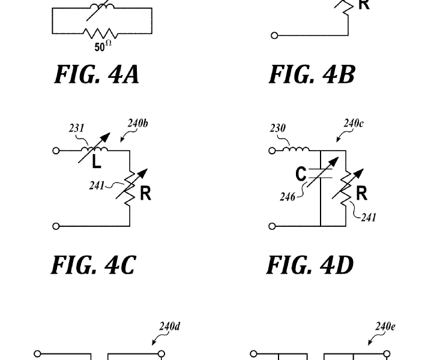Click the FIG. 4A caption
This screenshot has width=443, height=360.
(x=97, y=74)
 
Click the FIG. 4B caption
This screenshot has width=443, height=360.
(x=312, y=74)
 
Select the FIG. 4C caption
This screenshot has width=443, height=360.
(x=94, y=265)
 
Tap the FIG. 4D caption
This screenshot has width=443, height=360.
(x=310, y=265)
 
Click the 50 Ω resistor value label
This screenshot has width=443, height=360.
(x=103, y=46)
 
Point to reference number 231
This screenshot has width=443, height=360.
(x=77, y=128)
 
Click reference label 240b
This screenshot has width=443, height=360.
(x=137, y=124)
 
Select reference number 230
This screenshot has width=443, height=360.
(x=278, y=128)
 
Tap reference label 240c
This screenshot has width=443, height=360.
(x=354, y=124)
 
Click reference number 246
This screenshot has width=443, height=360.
(x=288, y=197)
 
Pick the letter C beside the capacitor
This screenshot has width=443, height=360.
(x=301, y=174)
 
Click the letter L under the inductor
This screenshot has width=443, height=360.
(x=97, y=163)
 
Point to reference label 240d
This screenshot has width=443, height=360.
(x=169, y=326)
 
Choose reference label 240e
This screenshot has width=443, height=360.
(x=385, y=326)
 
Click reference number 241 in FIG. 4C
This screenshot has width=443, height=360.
(x=97, y=185)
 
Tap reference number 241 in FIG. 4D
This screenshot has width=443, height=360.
(x=369, y=217)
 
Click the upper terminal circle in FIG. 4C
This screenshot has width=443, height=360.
(x=56, y=151)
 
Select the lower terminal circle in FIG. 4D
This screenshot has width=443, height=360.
(x=272, y=226)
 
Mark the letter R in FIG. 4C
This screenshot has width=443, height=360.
(x=145, y=193)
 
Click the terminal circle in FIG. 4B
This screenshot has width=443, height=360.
(x=274, y=35)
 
